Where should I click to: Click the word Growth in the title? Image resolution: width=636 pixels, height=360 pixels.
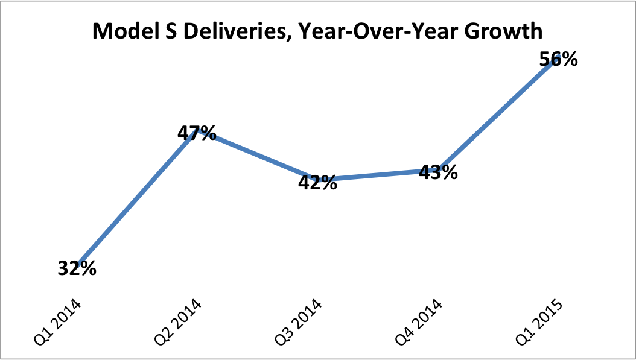pos(509,33)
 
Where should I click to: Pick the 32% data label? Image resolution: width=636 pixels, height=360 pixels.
pos(77,268)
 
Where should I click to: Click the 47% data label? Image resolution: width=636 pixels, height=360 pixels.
pos(197,133)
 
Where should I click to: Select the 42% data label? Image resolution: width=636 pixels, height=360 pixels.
pos(318,182)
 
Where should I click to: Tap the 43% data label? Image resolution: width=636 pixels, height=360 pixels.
pos(438,172)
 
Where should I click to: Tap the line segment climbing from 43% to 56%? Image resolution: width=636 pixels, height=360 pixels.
pos(498,115)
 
